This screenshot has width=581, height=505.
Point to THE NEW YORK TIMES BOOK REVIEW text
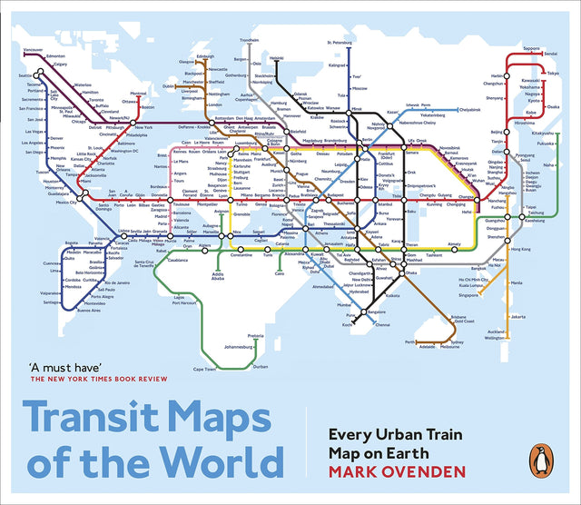[x=94, y=382]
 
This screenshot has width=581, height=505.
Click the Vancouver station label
[x=33, y=49]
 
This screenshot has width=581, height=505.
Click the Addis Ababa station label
[x=218, y=275]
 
